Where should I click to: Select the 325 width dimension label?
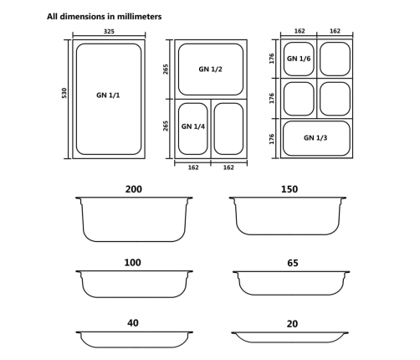click(x=109, y=32)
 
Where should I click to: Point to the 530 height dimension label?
click(x=64, y=94)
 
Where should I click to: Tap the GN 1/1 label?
click(x=108, y=95)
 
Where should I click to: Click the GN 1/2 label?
click(x=210, y=69)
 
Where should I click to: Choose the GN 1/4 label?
click(x=192, y=126)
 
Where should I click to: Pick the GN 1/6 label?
click(x=298, y=59)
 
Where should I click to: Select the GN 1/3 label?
click(x=315, y=137)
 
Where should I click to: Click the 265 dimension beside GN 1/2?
click(x=166, y=69)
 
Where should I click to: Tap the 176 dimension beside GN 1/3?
click(x=272, y=138)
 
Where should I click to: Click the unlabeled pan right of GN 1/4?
click(x=228, y=128)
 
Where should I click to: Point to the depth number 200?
click(x=133, y=189)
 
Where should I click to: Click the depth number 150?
click(x=289, y=189)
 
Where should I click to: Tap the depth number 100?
click(x=133, y=262)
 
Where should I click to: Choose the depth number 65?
click(x=292, y=263)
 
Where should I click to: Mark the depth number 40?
click(x=133, y=323)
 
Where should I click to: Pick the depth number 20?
click(x=291, y=323)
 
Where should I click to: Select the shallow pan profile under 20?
click(x=289, y=337)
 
